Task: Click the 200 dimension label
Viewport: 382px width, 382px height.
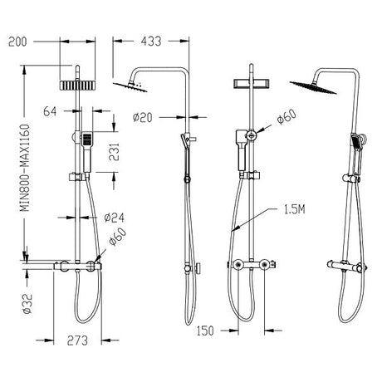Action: pyautogui.click(x=19, y=39)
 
